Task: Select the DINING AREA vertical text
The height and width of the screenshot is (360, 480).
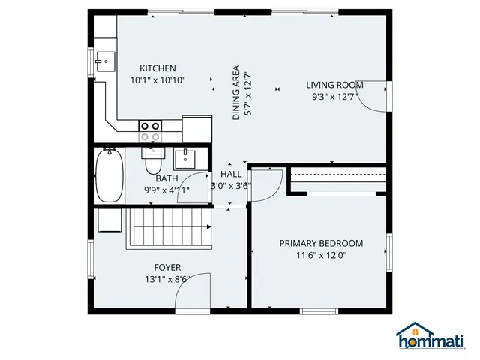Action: coord(237,92)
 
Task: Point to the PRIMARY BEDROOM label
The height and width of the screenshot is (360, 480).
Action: coord(321,243)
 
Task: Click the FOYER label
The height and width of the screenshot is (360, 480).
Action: coord(167,268)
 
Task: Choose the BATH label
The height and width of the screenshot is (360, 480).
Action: coord(166,179)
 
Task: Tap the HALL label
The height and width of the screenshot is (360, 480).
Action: coord(231,174)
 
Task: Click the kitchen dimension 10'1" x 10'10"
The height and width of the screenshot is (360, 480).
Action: coord(157,80)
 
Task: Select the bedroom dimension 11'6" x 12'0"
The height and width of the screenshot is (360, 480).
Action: coord(321,255)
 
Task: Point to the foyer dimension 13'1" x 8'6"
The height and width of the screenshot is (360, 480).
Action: coord(167,280)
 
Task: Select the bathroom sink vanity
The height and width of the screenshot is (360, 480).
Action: coord(184,159)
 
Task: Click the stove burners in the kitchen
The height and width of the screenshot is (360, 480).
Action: coord(150,132)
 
